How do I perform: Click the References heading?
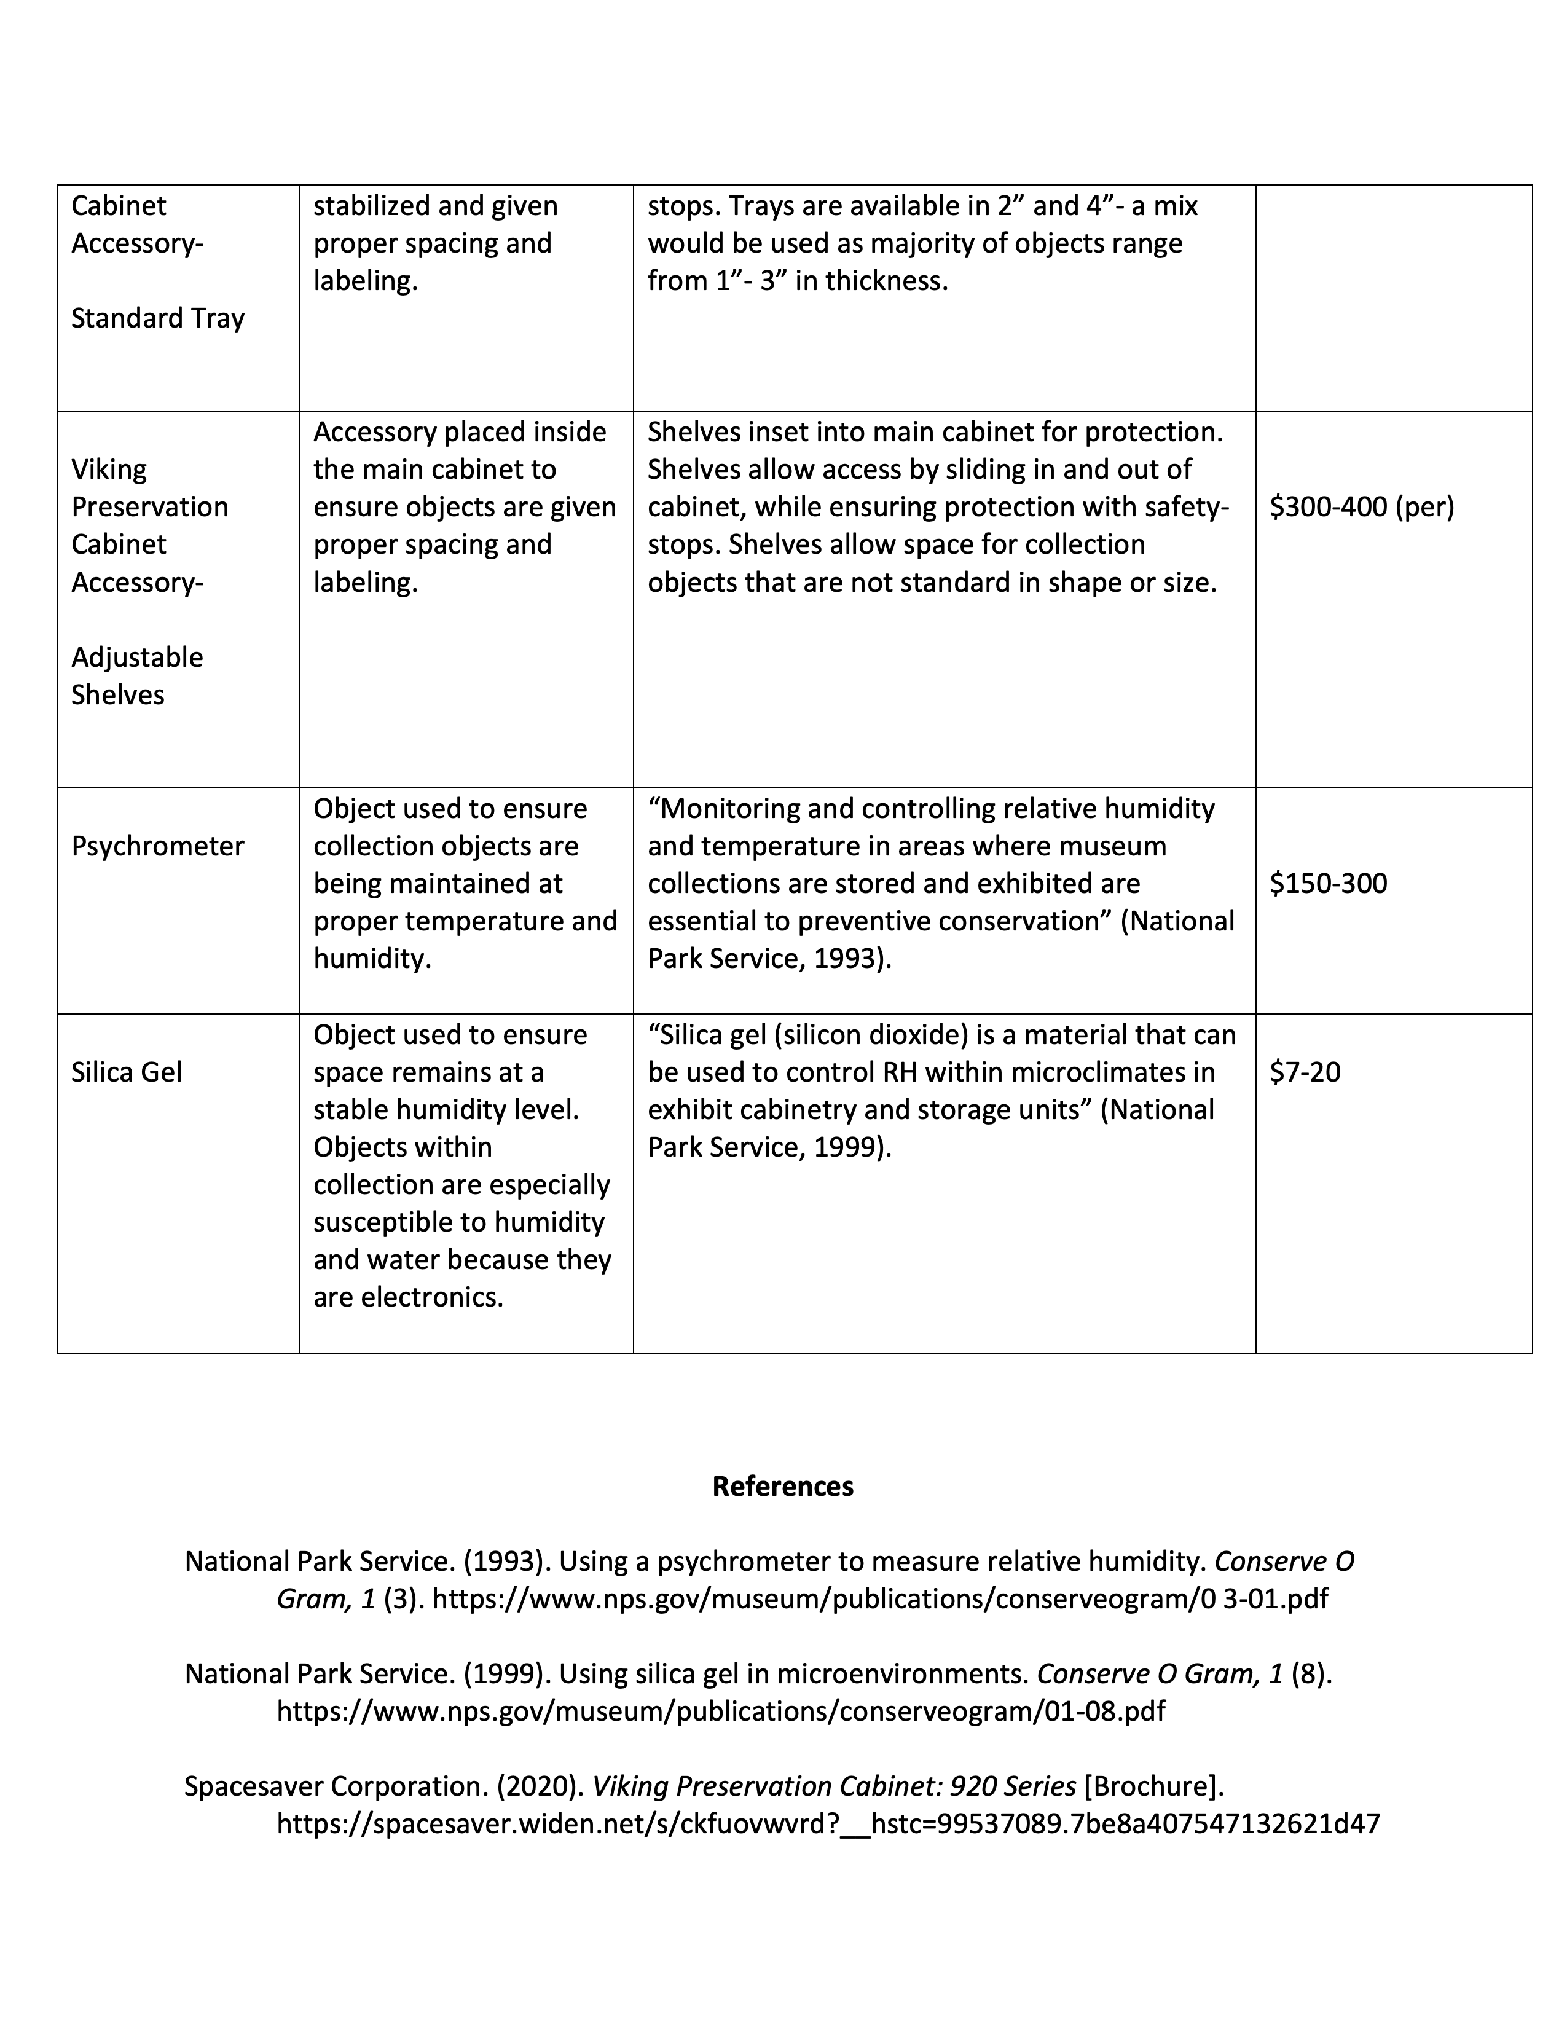(x=782, y=1486)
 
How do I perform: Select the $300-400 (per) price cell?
(x=1361, y=507)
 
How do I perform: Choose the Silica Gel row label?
(x=126, y=1072)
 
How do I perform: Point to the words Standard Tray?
(x=158, y=318)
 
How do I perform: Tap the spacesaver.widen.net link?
(x=828, y=1824)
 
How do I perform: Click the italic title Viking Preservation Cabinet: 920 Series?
(x=834, y=1786)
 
